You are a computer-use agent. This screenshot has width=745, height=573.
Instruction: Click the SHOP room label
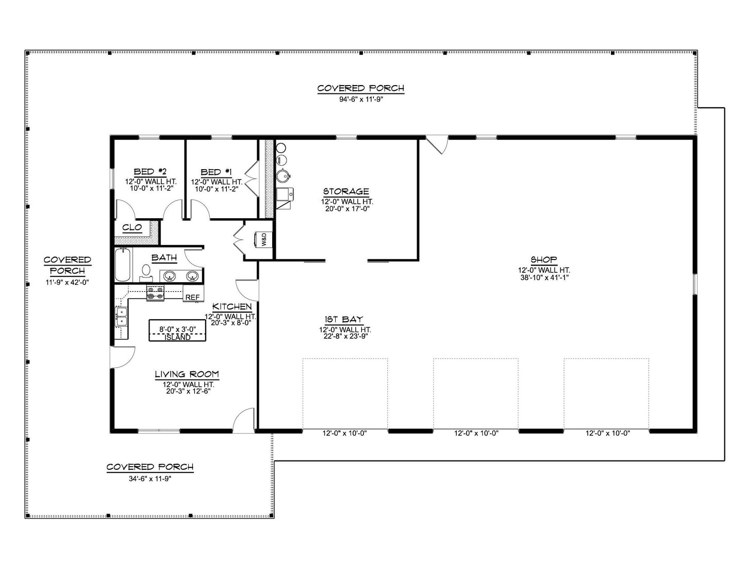(543, 260)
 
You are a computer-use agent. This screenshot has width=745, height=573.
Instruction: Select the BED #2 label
(150, 172)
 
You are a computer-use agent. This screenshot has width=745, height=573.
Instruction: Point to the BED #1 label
(216, 172)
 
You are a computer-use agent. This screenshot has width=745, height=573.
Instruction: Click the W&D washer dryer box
(263, 239)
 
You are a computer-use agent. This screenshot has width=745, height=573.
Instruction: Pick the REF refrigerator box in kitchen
(192, 297)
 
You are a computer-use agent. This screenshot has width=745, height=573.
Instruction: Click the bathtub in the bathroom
(122, 265)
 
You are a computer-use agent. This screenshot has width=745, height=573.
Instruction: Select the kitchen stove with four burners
(155, 293)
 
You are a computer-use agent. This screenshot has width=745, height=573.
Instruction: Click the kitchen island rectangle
(178, 330)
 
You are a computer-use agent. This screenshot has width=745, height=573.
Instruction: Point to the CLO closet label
(132, 227)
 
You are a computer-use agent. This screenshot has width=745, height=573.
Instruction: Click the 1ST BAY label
(344, 319)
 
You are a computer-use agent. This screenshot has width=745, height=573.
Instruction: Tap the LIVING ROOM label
(187, 374)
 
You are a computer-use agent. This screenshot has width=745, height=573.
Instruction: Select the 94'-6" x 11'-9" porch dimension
(360, 100)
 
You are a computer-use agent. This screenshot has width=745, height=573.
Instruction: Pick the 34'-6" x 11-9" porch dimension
(150, 479)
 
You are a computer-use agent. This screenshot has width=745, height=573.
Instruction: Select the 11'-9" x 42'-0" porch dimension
(67, 282)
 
